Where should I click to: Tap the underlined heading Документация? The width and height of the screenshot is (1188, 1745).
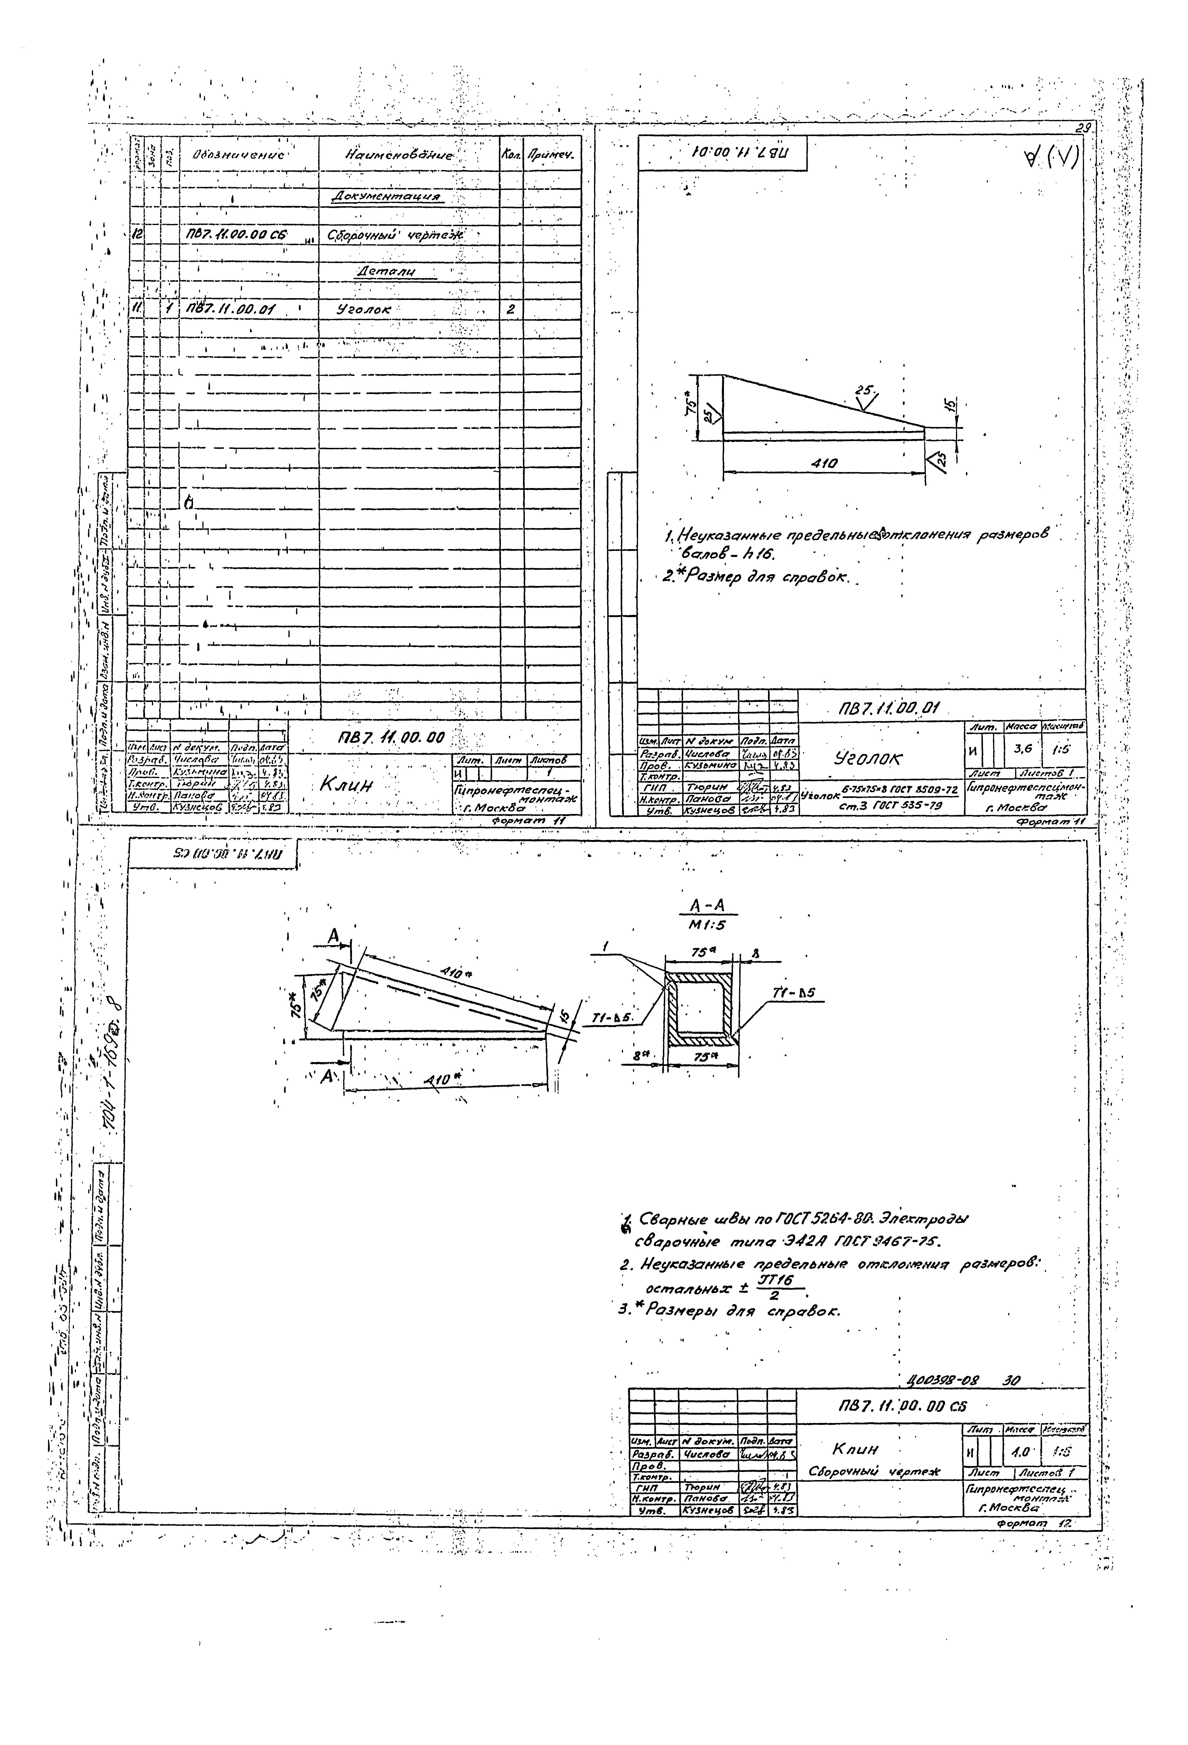pos(386,197)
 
